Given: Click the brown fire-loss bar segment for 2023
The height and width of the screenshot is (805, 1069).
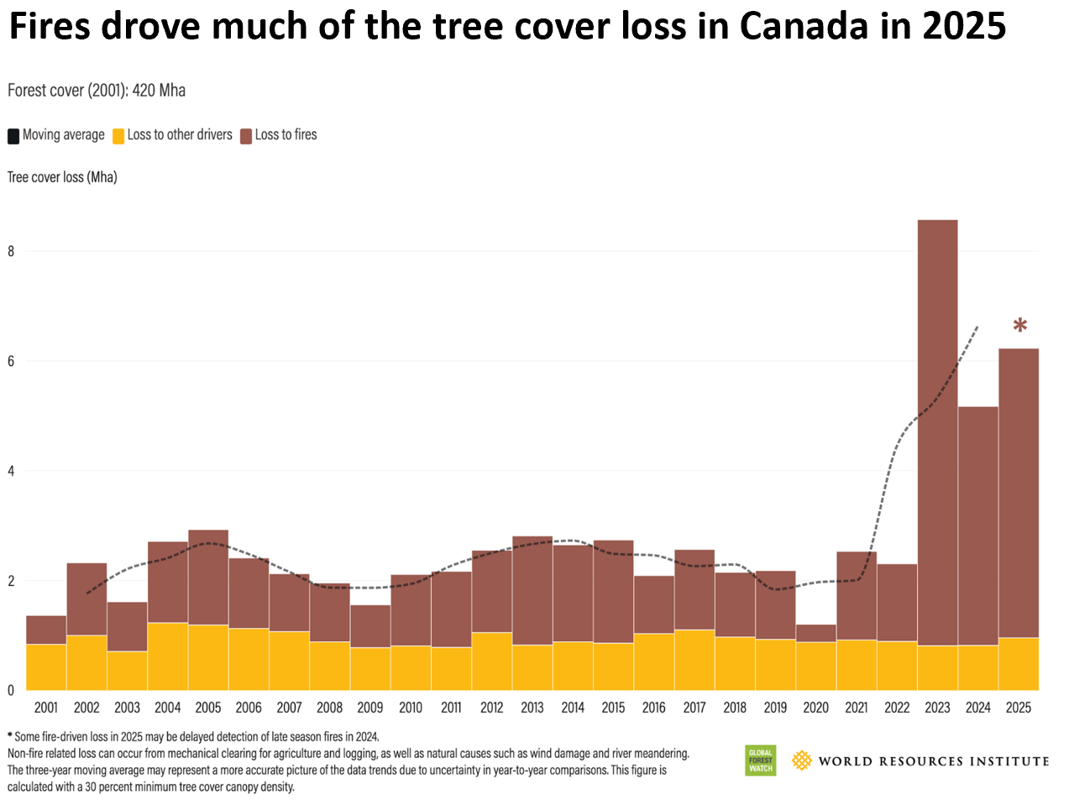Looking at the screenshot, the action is coord(937,432).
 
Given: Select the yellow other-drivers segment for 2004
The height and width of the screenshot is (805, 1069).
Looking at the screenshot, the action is coord(168,656).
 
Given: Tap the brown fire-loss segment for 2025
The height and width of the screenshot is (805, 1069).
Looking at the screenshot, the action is coord(1019,493).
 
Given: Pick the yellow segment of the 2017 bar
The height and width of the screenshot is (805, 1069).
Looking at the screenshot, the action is coord(694,660).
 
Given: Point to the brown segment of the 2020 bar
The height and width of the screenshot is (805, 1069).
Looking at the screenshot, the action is coord(815,633).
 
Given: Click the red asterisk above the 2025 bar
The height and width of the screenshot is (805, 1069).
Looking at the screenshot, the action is coord(1019,325).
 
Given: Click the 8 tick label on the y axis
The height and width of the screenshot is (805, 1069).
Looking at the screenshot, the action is coord(11,251).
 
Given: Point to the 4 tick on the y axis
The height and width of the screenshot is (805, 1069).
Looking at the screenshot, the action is coord(11,471).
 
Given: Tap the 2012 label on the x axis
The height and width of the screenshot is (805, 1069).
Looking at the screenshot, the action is coord(491,707).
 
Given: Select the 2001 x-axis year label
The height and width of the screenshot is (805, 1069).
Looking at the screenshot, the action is coord(46,707).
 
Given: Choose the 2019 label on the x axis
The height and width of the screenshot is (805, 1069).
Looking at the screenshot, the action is coord(775,707).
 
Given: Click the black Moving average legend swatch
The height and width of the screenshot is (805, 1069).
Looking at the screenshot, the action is coord(13,136).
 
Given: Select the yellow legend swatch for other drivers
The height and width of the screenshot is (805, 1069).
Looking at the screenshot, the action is coord(118,136).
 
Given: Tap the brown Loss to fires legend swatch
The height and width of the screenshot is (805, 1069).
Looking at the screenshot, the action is coord(246,136).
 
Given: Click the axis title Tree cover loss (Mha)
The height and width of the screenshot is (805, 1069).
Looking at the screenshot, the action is coord(62,177).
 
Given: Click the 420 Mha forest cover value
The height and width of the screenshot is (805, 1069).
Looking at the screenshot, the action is coord(159,91).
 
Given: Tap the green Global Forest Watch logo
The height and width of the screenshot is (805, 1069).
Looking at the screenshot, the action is coord(760,761).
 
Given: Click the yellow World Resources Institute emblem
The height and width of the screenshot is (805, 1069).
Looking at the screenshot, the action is coord(802,761).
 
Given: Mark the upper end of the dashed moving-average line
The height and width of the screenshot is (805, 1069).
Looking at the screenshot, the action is coord(978,326).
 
